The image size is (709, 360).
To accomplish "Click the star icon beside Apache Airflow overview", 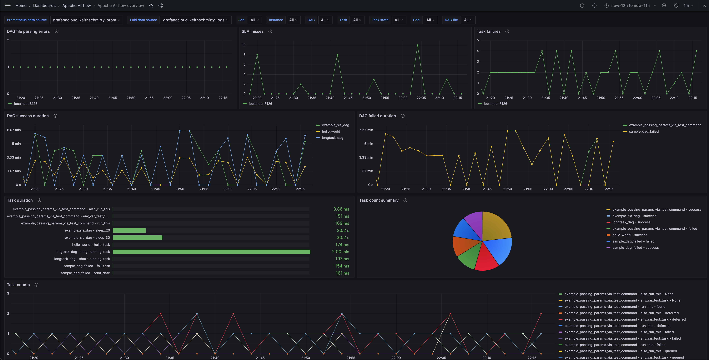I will coord(151,6).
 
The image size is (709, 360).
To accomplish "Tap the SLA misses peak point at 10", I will coord(418,45).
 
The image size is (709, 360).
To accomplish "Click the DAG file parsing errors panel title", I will coord(28,31).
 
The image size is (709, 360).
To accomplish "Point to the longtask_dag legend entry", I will coord(332,138).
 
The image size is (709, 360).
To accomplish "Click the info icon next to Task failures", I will coord(507,31).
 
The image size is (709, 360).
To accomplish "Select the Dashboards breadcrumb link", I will coord(44,6).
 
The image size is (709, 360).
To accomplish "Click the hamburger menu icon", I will coord(8,6).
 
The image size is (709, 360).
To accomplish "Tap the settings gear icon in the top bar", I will coord(594,6).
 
